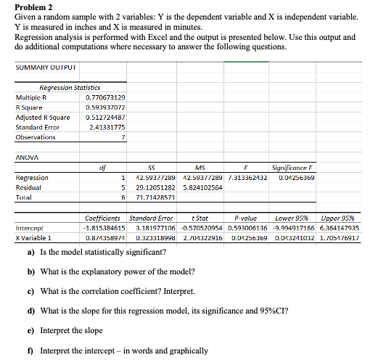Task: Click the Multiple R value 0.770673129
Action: pyautogui.click(x=105, y=97)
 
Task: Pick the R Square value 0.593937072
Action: pyautogui.click(x=105, y=107)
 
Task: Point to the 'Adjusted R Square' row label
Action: pyautogui.click(x=43, y=117)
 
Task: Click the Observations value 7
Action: pyautogui.click(x=124, y=136)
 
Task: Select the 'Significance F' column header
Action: pyautogui.click(x=290, y=167)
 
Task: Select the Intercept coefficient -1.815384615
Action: pyautogui.click(x=103, y=227)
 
